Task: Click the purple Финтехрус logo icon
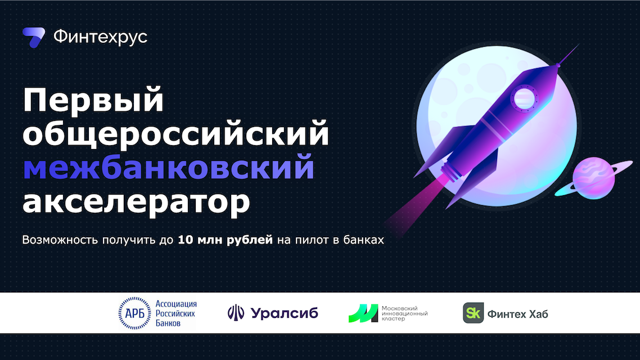click(x=34, y=38)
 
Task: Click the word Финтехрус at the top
click(x=101, y=37)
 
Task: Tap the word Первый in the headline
click(x=93, y=101)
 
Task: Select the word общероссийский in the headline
click(x=176, y=133)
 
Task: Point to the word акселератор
click(x=136, y=202)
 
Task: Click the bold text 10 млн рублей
click(x=226, y=240)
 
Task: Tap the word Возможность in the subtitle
click(x=60, y=240)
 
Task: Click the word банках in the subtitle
click(x=364, y=240)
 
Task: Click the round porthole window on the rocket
click(x=524, y=98)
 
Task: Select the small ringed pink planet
click(x=594, y=178)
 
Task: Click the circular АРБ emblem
click(x=135, y=313)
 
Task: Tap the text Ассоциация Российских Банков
click(x=176, y=313)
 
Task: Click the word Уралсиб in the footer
click(x=285, y=313)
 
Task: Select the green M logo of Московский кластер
click(x=363, y=313)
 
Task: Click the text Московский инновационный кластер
click(x=404, y=313)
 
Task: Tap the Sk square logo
click(x=473, y=313)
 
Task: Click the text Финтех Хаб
click(x=517, y=314)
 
